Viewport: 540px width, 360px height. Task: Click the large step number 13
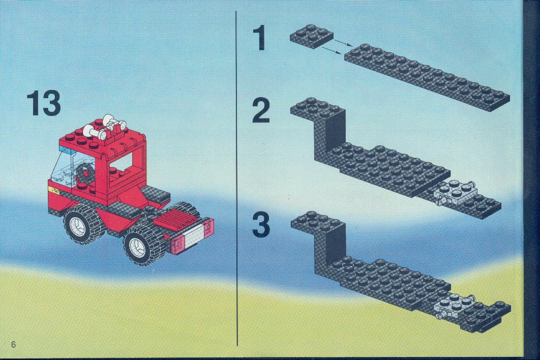tap(44, 103)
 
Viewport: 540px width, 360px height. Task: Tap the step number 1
tap(260, 38)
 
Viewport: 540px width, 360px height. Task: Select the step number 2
tap(261, 110)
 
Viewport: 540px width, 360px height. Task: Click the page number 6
tap(13, 345)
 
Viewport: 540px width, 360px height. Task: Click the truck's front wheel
tap(81, 225)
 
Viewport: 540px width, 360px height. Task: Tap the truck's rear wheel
tap(140, 244)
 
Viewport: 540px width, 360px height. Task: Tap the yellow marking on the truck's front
tap(54, 190)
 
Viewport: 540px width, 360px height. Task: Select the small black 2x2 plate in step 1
tap(312, 36)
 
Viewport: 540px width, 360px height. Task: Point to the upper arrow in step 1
tap(343, 43)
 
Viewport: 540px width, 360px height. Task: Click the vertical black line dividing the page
tap(237, 178)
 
